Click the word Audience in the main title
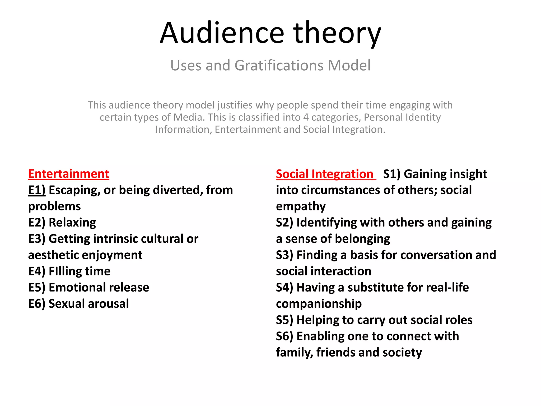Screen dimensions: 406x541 222,33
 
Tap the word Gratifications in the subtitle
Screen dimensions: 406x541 279,66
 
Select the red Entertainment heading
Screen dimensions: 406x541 68,174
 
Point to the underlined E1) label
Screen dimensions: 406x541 37,190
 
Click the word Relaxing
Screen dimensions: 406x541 72,223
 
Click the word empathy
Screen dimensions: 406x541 301,206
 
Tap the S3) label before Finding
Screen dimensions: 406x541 285,255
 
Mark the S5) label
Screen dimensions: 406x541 285,320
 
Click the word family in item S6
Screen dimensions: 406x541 294,353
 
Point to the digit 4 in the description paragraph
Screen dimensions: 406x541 306,117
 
